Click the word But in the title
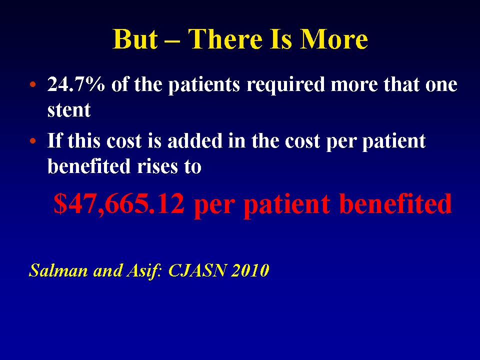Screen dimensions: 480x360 [x=135, y=39]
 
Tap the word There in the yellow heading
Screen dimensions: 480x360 [x=225, y=39]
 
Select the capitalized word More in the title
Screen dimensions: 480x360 [x=333, y=39]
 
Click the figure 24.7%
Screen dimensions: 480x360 [x=76, y=84]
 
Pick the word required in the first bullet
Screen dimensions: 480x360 [x=285, y=85]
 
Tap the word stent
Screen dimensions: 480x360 [x=69, y=110]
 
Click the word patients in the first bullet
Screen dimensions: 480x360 [x=204, y=85]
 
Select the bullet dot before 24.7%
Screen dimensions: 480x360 [x=33, y=84]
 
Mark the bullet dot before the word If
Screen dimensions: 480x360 [x=33, y=141]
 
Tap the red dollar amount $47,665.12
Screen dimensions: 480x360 [x=119, y=204]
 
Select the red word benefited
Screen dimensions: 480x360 [x=395, y=203]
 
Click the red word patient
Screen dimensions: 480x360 [x=287, y=204]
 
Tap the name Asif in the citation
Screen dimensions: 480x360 [x=143, y=270]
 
